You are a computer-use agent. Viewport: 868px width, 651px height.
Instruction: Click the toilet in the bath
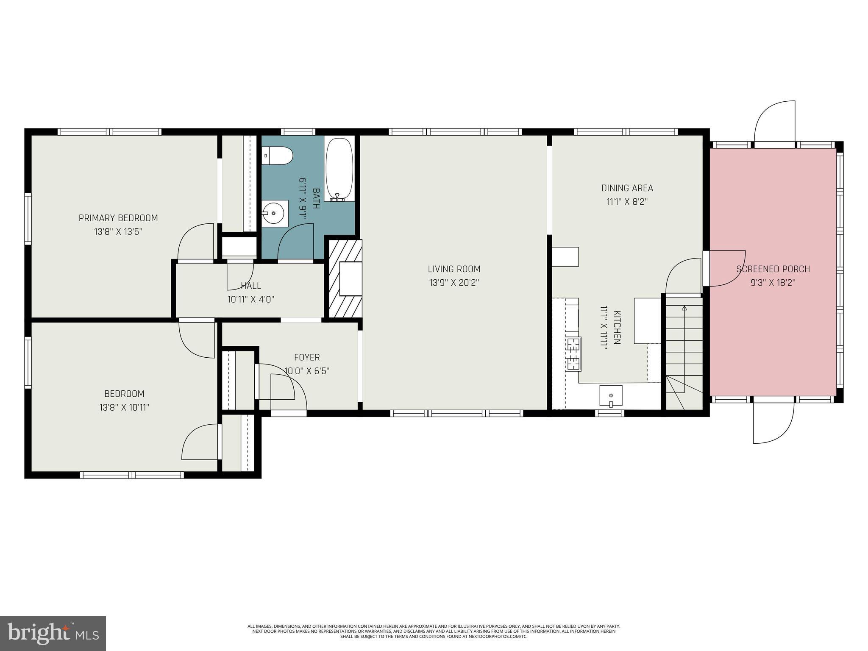coord(278,156)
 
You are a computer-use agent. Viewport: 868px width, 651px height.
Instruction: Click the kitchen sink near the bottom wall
coord(611,396)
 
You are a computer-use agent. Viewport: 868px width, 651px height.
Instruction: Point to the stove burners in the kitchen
coord(573,354)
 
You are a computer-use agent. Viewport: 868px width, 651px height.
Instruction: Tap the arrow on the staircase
coord(684,308)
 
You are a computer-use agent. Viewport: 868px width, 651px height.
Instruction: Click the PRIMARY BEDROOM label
coord(118,218)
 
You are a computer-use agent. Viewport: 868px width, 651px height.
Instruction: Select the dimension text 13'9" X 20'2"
coord(454,282)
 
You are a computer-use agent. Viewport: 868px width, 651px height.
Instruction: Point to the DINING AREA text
coord(627,188)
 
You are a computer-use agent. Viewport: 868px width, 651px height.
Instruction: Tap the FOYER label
coord(307,357)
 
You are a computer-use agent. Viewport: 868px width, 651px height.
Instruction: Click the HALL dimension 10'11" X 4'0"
coord(250,299)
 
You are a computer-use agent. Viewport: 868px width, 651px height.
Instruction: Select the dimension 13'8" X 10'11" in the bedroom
coord(124,407)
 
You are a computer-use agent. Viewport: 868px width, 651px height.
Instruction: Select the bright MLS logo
coord(53,633)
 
